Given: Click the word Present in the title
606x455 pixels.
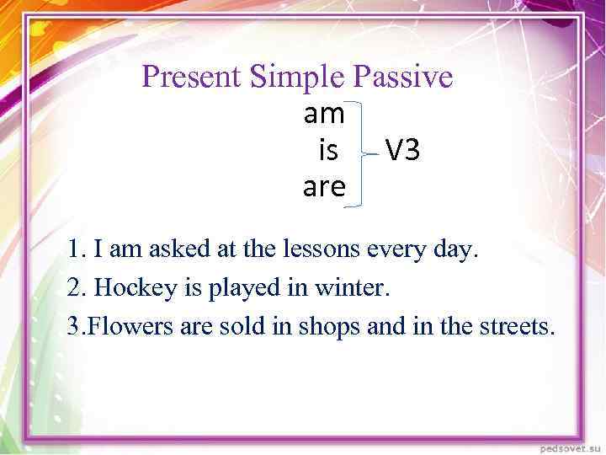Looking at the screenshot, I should (192, 78).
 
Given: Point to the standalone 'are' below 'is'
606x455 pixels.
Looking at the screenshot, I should (324, 187).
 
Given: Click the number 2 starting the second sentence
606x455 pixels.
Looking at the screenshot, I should (74, 287).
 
